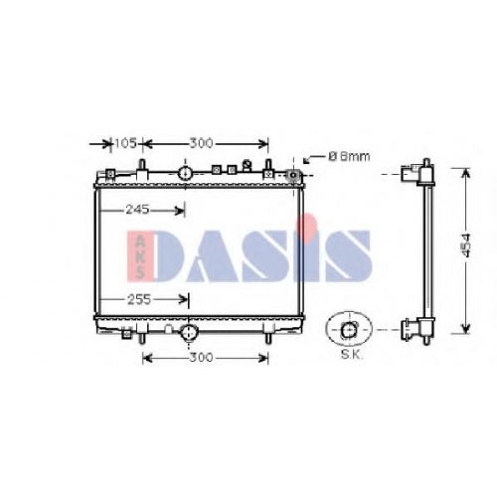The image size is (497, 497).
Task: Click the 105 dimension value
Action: click(125, 144)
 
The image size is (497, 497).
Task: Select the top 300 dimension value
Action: click(201, 144)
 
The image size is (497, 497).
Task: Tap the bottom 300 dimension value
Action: click(201, 358)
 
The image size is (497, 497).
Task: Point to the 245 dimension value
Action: click(137, 210)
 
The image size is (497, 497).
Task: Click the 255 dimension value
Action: click(139, 300)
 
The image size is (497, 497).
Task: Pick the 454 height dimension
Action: click(466, 246)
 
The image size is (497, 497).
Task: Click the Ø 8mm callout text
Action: click(349, 156)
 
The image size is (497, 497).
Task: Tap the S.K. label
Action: click(352, 355)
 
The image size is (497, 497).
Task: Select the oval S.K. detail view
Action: click(349, 329)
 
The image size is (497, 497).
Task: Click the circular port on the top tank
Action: click(185, 173)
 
